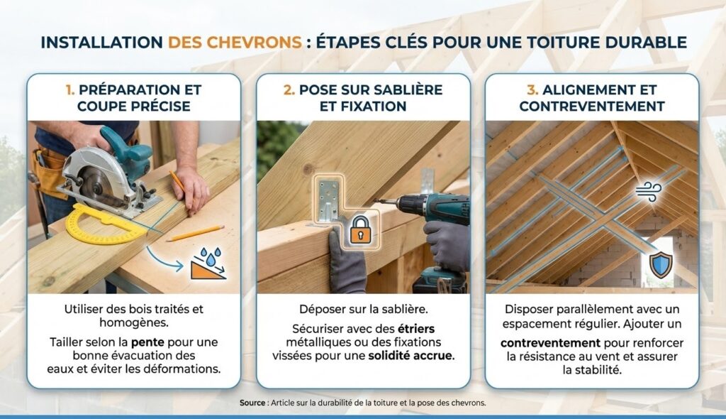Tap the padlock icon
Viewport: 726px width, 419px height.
pos(360,229)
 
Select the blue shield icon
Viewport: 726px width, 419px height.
pos(661,265)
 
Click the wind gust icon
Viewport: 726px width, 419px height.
pos(649,192)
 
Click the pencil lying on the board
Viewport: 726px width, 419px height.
pos(195,234)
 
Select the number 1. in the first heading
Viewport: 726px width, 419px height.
pos(70,89)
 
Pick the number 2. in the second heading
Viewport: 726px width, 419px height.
pos(289,89)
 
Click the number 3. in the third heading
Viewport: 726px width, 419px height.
pos(532,89)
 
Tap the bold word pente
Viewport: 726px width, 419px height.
pos(147,342)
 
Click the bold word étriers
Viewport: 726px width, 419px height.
pos(416,329)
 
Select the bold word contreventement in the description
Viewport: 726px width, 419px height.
pos(550,343)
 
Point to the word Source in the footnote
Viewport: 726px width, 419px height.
pos(252,403)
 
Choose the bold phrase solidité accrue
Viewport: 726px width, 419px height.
pos(411,356)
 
